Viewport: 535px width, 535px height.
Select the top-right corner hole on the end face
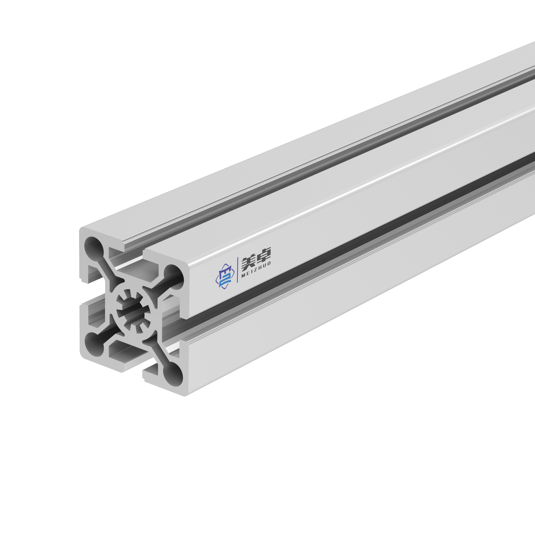click(174, 275)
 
